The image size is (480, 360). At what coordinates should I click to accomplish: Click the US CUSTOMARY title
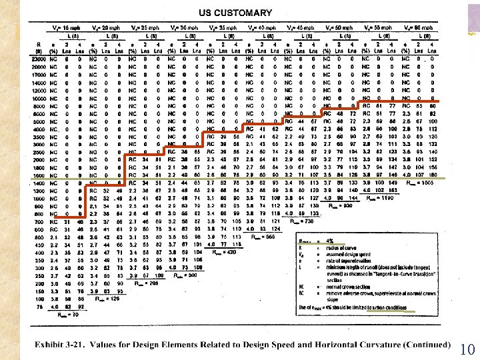[x=235, y=13]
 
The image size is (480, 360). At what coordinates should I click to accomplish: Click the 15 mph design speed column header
[x=65, y=28]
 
